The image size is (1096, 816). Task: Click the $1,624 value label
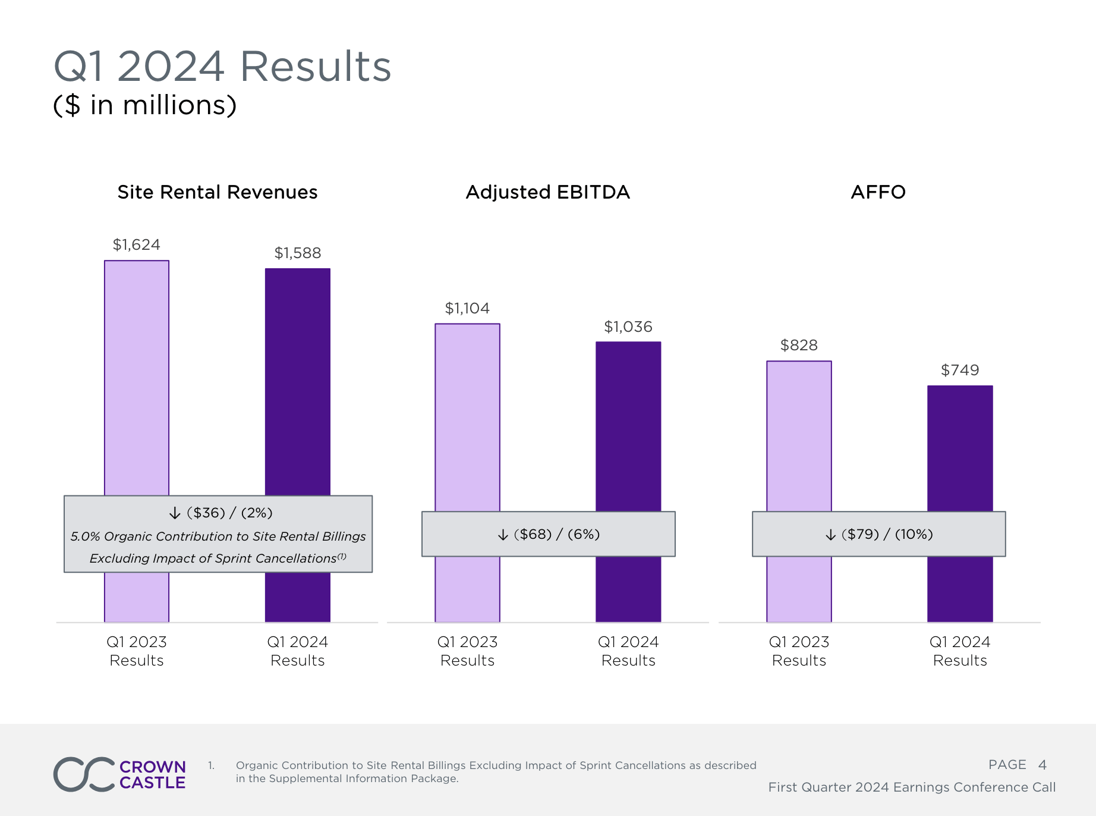137,244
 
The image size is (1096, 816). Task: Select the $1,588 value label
297,253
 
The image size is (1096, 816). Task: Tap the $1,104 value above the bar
467,308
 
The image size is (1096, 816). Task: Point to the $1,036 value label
628,327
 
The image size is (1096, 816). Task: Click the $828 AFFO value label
799,345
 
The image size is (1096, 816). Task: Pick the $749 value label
960,370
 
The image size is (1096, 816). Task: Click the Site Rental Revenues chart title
218,192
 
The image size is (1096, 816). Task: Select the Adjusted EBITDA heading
547,192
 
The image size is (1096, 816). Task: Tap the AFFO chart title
878,192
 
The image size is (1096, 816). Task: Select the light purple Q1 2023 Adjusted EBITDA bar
467,416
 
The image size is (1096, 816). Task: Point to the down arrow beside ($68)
503,535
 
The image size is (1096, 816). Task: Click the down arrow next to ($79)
830,535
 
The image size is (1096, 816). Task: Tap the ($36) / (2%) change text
229,513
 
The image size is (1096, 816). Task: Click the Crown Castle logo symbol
84,774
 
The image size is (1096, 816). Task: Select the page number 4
1042,765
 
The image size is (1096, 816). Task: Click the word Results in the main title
316,66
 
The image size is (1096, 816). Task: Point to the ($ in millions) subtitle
145,105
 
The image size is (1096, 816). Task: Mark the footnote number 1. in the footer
211,765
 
